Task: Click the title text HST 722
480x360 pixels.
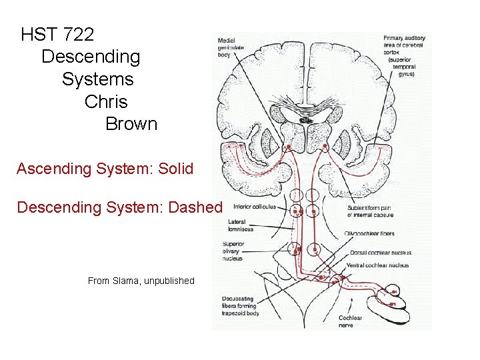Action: pos(57,34)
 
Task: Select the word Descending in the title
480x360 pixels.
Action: pos(91,57)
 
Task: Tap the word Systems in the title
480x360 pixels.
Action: pos(97,79)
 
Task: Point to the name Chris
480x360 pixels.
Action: pos(106,102)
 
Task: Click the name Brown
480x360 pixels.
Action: pos(131,124)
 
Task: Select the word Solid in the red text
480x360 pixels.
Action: pos(175,169)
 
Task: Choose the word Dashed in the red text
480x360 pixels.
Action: pos(195,207)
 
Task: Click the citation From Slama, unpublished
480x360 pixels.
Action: pos(141,281)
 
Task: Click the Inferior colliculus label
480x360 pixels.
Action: pos(253,207)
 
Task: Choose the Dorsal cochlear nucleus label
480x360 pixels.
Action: pos(380,253)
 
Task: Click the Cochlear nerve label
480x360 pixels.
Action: pos(350,321)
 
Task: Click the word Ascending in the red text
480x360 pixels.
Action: pos(54,169)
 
